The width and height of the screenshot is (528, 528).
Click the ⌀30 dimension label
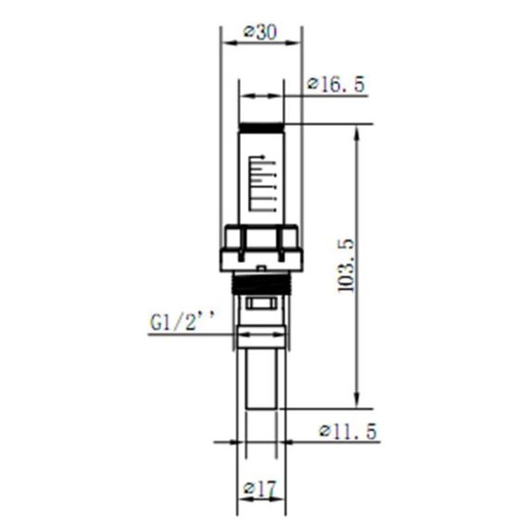260,31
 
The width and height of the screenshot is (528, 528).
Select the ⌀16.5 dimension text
336,84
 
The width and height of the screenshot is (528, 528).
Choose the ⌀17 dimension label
260,487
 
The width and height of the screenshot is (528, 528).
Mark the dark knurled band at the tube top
262,130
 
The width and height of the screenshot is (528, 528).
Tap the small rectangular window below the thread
262,304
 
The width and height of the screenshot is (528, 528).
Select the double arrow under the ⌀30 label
261,43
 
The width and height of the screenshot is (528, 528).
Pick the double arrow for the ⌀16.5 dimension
262,94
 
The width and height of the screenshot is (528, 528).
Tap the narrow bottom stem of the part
262,375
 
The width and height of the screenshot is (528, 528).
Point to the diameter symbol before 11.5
325,432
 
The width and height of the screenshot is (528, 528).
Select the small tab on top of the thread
262,270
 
